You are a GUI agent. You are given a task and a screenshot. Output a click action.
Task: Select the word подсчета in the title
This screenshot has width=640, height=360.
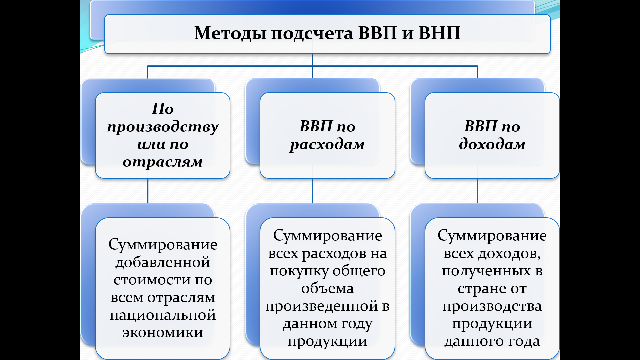(312, 33)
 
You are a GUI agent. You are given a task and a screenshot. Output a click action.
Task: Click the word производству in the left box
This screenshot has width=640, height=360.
(163, 127)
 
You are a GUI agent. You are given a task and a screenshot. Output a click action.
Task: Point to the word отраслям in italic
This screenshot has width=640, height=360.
(163, 162)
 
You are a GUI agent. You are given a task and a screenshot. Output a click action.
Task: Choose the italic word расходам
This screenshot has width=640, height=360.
(327, 145)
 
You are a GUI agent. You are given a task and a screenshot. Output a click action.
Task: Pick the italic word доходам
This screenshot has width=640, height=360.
(492, 144)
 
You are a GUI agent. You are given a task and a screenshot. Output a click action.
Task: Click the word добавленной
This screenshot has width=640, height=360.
(163, 263)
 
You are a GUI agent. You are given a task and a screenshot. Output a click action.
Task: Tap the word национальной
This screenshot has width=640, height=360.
(163, 315)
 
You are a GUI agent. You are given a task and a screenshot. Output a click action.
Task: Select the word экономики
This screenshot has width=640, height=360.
(163, 332)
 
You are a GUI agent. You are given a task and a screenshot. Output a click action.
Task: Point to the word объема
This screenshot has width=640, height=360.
(327, 289)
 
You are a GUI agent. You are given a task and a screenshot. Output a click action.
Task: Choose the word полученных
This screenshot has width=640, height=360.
(486, 271)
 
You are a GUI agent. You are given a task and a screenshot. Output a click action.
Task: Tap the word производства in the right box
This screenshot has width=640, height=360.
(492, 306)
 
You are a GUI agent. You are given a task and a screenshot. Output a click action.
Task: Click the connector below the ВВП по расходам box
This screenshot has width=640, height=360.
(312, 191)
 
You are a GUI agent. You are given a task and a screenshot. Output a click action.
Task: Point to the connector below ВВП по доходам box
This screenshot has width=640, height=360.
(477, 191)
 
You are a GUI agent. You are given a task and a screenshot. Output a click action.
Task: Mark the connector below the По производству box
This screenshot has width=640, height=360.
(148, 191)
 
